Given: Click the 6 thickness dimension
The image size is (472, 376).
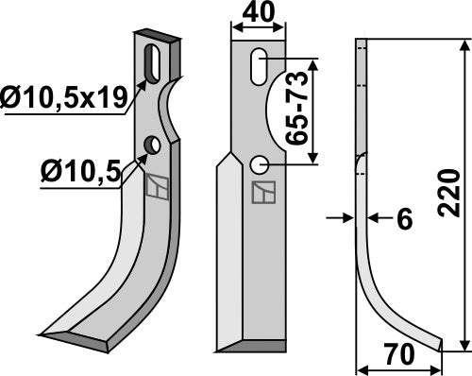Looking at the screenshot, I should point(404,219).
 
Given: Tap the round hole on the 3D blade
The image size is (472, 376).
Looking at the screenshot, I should point(150,145).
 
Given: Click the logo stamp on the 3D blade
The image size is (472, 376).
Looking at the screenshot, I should point(156,188).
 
